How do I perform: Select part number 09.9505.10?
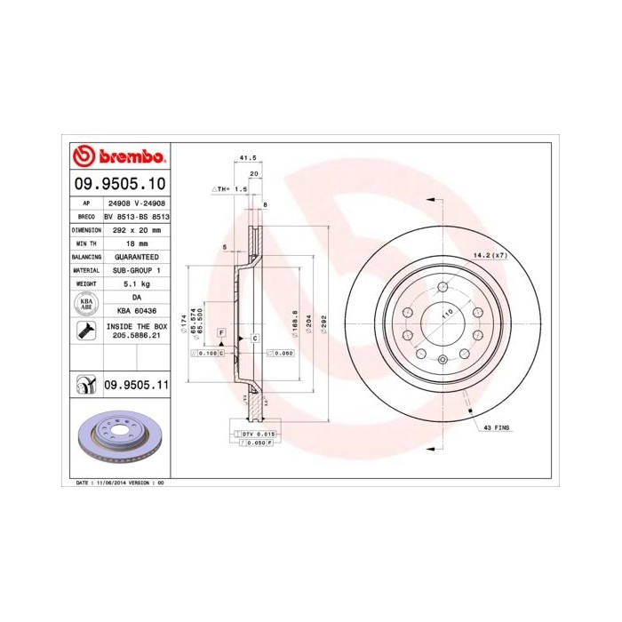click(119, 184)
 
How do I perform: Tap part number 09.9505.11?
click(137, 385)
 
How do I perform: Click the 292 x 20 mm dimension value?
click(137, 229)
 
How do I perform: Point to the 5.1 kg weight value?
click(137, 283)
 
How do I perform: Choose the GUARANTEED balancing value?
click(137, 256)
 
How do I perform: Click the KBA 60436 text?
click(137, 310)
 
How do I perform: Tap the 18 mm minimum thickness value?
click(137, 243)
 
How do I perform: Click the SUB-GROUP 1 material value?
click(137, 269)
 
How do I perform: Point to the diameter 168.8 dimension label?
click(294, 320)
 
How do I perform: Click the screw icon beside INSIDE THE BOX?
click(86, 331)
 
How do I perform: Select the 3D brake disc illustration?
click(118, 439)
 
